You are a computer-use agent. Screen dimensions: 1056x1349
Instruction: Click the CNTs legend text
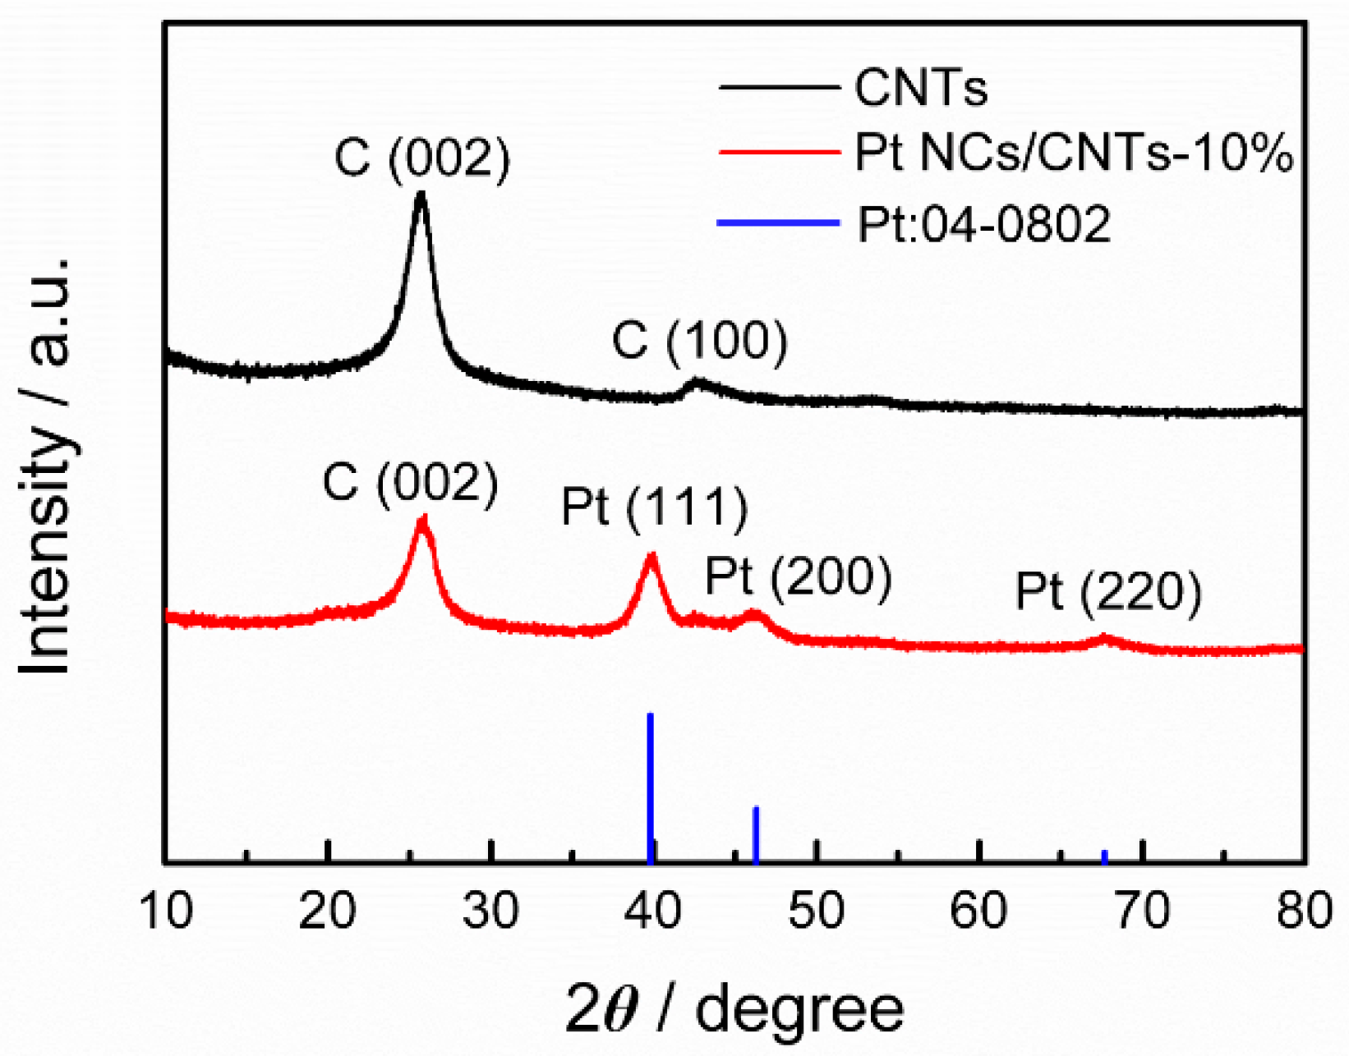click(x=921, y=87)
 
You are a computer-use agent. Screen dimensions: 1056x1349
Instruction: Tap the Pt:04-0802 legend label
click(x=984, y=223)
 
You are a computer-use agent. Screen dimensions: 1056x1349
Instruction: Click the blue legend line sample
click(x=778, y=223)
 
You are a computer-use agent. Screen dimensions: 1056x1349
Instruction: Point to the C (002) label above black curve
click(x=422, y=158)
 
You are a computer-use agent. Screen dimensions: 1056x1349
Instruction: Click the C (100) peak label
click(x=700, y=341)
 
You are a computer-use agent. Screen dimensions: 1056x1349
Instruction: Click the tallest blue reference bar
click(x=650, y=787)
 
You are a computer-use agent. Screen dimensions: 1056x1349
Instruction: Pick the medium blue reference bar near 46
click(x=756, y=833)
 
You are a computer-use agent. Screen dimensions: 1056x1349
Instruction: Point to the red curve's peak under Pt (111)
click(x=652, y=556)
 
